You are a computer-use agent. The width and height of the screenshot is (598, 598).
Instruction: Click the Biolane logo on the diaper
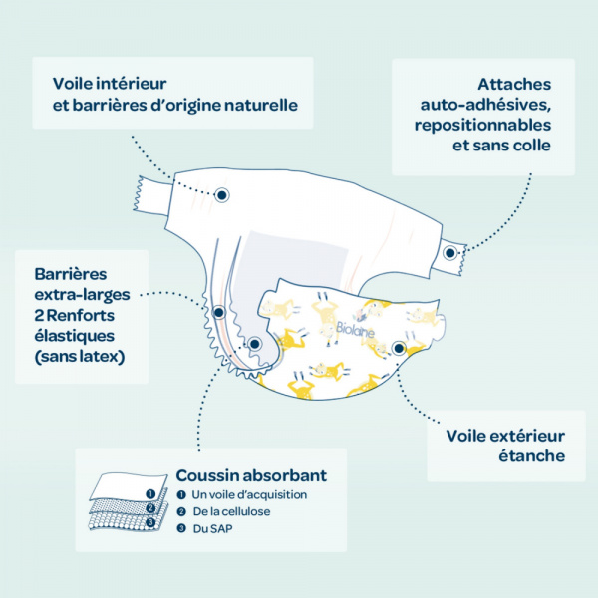(355, 330)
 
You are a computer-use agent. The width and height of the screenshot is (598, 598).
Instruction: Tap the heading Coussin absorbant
(251, 475)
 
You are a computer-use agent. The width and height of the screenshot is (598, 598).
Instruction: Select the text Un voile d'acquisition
(249, 495)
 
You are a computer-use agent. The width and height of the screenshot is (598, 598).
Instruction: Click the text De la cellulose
(231, 511)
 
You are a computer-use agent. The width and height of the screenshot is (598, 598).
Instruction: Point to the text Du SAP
(212, 529)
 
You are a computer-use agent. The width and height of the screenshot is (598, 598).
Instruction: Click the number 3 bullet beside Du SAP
(181, 528)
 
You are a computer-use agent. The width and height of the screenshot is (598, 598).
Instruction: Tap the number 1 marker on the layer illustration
(150, 494)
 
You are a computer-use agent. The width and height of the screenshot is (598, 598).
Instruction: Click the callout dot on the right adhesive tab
(450, 253)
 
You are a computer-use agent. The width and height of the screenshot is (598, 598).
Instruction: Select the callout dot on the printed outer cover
(399, 348)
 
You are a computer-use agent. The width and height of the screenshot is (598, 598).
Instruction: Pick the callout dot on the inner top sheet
(222, 195)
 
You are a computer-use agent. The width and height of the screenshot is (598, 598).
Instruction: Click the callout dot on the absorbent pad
(255, 344)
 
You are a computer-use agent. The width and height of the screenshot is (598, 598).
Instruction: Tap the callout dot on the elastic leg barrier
(219, 313)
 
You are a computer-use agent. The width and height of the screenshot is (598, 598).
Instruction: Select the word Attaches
(514, 85)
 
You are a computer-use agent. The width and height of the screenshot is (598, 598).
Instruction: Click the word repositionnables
(482, 126)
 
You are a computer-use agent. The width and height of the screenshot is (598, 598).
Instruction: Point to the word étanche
(532, 455)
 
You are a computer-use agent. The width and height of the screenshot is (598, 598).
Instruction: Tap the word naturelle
(261, 106)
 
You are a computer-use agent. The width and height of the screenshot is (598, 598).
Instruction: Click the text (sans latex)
(80, 357)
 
